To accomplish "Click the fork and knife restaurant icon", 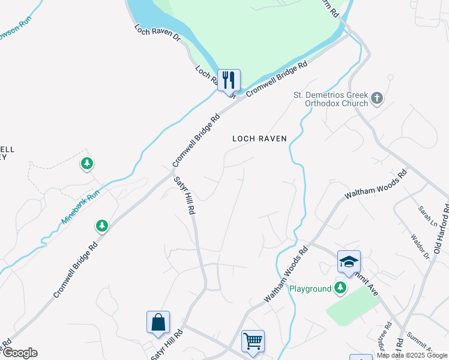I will point(229,80).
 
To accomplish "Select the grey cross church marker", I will point(377,98).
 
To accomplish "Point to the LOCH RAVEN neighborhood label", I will point(260,139).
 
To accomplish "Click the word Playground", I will point(310,289).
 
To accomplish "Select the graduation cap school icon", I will point(349,262).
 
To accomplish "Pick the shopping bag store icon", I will point(158,322).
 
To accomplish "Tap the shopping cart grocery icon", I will point(253,341).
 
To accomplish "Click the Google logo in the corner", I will point(19,353).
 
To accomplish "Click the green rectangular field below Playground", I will point(352,305).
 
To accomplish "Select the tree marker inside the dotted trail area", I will point(87,163).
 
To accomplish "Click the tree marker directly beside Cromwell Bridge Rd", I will point(102,226).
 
